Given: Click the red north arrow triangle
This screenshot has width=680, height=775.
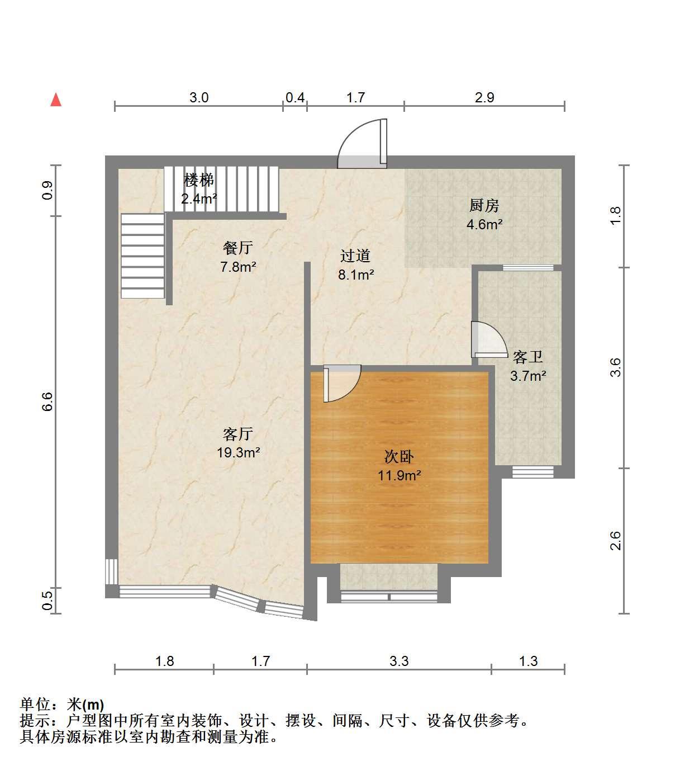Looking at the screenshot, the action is click(56, 100).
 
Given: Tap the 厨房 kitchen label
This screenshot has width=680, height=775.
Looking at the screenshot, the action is click(484, 206).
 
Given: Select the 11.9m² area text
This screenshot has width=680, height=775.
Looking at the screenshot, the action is click(400, 475).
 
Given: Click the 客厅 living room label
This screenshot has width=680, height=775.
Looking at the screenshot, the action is click(238, 434).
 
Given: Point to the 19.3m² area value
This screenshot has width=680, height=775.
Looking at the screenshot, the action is click(239, 452).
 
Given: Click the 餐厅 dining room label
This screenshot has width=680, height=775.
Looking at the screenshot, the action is click(238, 248).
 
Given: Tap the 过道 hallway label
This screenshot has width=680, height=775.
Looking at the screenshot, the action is click(355, 256).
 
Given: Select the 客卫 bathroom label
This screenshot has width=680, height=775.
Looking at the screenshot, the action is click(527, 357).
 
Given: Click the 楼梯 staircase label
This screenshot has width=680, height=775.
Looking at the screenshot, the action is click(199, 180).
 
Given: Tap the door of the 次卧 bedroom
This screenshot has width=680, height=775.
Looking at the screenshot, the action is click(342, 383).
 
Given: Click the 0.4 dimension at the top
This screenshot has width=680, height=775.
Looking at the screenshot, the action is click(295, 97).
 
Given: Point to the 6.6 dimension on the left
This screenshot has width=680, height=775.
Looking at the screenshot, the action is click(47, 401).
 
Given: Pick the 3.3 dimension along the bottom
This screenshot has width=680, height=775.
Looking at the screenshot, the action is click(399, 661).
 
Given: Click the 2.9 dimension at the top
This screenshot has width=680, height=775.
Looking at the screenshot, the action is click(484, 97).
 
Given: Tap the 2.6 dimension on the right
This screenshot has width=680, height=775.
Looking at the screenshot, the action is click(615, 541).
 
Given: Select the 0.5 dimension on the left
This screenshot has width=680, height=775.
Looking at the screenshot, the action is click(47, 601).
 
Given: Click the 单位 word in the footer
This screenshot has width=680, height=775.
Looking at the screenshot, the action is click(35, 704).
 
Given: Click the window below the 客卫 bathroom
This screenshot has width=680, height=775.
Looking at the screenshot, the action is click(533, 472).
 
